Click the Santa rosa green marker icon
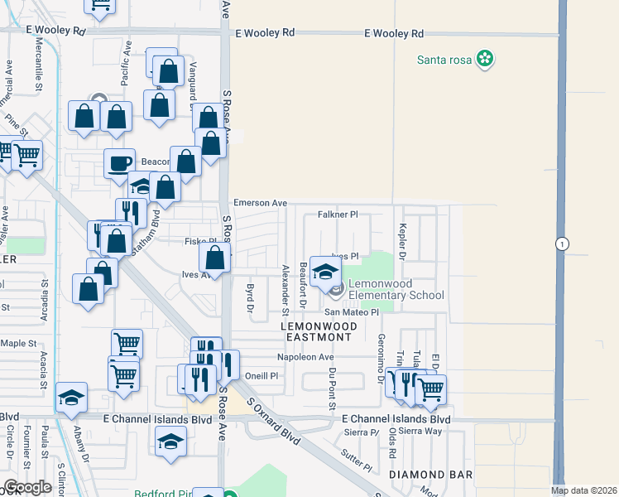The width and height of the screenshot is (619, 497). (487, 59)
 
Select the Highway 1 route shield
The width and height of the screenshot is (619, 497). (562, 244)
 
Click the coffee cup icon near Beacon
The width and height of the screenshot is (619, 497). (120, 163)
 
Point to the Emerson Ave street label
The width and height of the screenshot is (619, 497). (260, 203)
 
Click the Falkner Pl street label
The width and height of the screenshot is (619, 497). (337, 215)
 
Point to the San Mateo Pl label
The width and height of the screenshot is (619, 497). (350, 312)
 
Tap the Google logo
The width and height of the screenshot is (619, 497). (26, 487)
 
